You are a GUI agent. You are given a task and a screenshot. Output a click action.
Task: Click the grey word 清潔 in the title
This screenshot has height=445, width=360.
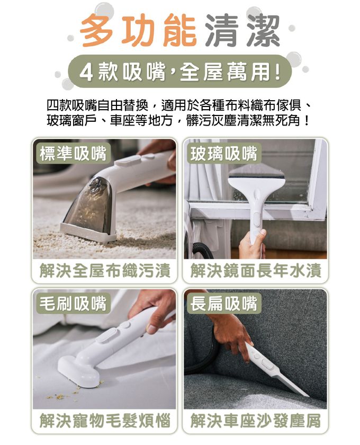pos(241,31)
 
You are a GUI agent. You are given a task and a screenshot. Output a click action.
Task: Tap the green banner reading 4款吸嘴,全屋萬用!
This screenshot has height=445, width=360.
pos(180,71)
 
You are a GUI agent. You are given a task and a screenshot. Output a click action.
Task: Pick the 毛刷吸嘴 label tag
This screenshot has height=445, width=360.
pos(73,303)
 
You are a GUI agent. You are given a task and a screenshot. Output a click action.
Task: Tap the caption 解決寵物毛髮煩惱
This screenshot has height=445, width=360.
pos(105,421)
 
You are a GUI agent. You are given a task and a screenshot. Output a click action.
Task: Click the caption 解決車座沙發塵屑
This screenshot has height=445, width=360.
pos(256,421)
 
